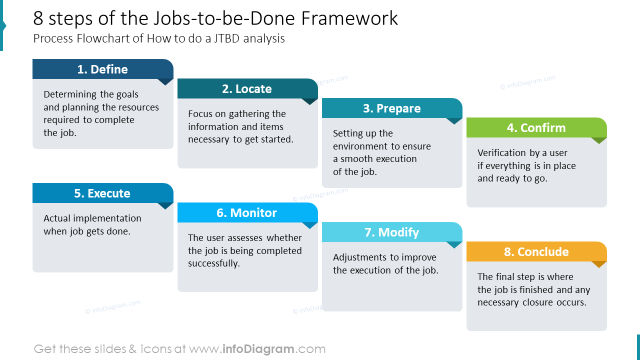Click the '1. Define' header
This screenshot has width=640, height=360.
pos(102,69)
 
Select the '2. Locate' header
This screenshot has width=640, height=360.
pos(247,89)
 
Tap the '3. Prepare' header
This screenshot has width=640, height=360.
pos(391,108)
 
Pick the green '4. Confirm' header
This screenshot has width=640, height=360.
pos(536,128)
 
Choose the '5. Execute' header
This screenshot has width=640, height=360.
pos(102,193)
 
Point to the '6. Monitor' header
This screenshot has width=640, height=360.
pos(247,213)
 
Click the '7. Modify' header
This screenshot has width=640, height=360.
pos(391,232)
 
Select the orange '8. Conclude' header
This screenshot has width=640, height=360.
pos(536,252)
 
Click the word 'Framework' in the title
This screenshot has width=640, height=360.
pos(349,18)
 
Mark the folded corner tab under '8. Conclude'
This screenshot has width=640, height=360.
pos(598,264)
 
